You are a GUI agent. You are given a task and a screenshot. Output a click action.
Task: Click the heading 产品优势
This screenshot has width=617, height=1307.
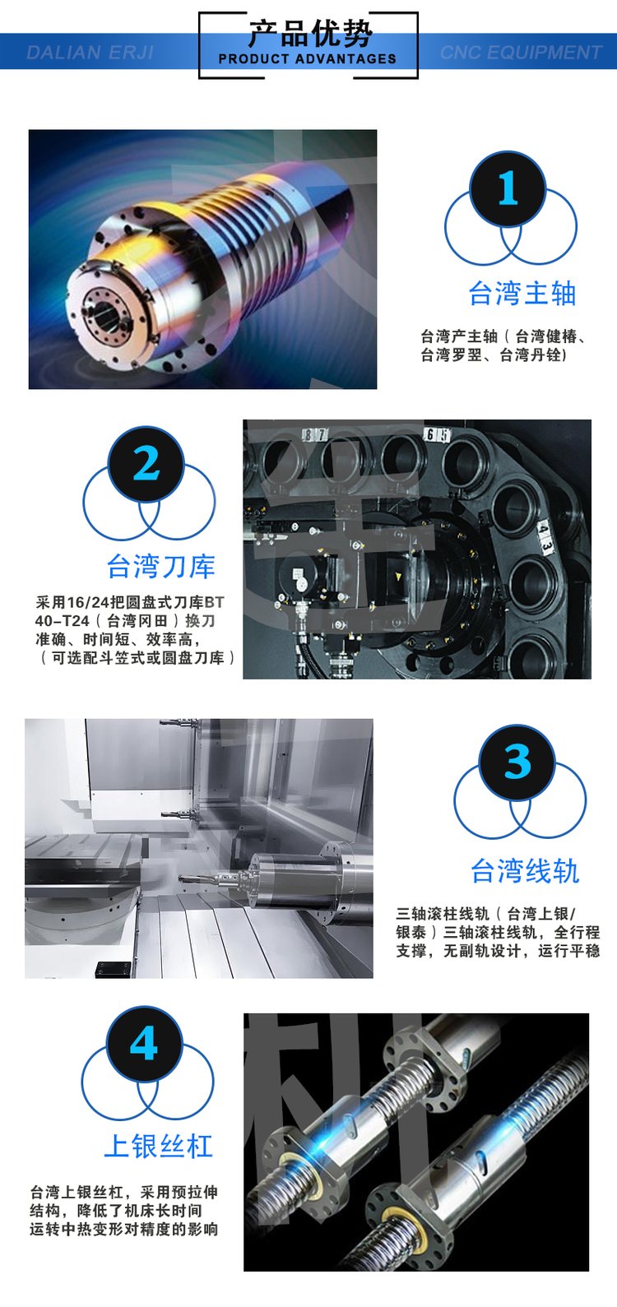point(310,33)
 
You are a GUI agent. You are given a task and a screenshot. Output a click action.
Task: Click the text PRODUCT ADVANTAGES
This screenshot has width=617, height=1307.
point(308,59)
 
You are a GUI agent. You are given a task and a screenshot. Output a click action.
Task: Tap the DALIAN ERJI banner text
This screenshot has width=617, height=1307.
point(90,53)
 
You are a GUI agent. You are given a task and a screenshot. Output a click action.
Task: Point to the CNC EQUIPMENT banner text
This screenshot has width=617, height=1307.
point(521,53)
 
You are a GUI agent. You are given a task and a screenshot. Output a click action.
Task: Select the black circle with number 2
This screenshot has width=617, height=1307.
point(146,465)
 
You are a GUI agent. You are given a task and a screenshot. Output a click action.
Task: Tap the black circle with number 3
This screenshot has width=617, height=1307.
point(517,762)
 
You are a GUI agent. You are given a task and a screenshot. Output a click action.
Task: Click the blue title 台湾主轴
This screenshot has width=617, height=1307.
point(522,293)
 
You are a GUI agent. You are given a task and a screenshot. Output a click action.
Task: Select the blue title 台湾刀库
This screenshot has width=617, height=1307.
point(161,567)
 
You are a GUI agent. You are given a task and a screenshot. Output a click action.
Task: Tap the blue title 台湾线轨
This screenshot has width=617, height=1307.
point(525,871)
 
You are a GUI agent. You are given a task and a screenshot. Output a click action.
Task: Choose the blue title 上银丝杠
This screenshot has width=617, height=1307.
point(158,1146)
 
